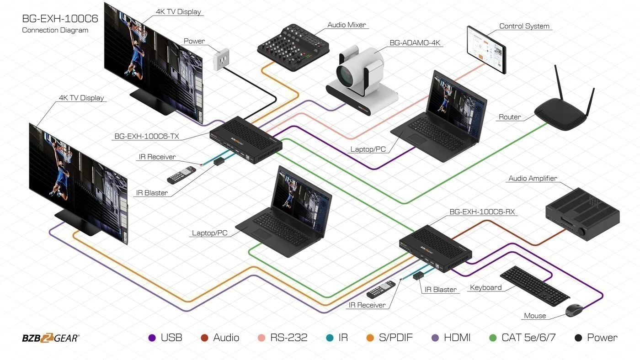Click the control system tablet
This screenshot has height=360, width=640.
click(x=486, y=50)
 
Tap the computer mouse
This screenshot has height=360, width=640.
click(x=574, y=311)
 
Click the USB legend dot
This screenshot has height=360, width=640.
click(x=152, y=338)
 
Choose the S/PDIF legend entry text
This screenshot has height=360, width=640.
click(x=396, y=338)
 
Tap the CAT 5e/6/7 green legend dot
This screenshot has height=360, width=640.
click(x=493, y=338)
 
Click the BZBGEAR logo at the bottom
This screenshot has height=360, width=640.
click(x=51, y=338)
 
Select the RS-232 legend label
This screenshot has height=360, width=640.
click(x=288, y=338)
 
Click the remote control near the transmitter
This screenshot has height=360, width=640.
click(x=181, y=174)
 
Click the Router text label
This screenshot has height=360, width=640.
click(x=510, y=117)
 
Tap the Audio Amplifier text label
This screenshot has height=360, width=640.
click(x=533, y=178)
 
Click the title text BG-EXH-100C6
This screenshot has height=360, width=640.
click(x=60, y=19)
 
